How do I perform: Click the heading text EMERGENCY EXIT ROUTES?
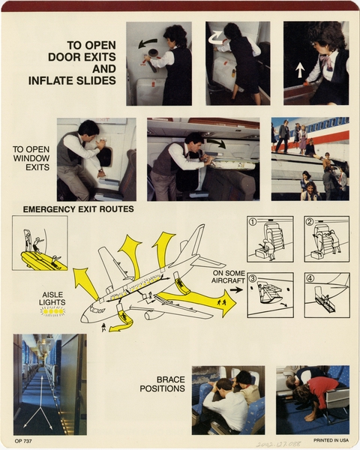click(79, 208)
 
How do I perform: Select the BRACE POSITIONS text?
click(161, 384)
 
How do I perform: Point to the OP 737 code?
click(22, 441)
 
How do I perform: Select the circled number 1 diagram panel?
click(270, 238)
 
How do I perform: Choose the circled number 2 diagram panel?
click(326, 238)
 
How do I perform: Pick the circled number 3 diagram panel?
click(270, 295)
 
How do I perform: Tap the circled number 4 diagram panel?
click(326, 295)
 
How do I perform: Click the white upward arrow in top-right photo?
click(300, 70)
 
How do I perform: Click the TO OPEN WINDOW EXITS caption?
click(31, 158)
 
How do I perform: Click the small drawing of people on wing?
click(40, 243)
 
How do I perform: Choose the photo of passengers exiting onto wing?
click(310, 158)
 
